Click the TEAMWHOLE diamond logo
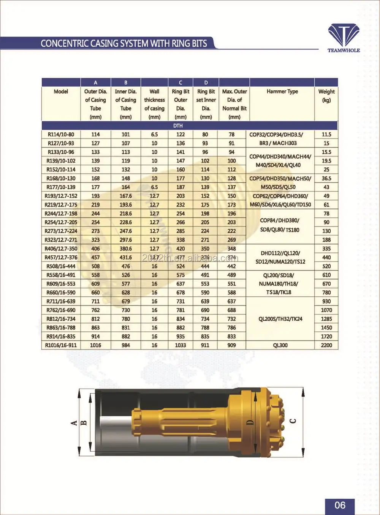[x=344, y=35]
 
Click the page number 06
[x=340, y=505]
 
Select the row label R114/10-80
[x=61, y=134]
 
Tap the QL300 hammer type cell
[x=280, y=345]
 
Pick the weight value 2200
[x=326, y=345]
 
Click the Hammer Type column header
[x=282, y=91]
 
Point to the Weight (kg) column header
[x=326, y=96]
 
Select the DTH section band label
[x=178, y=126]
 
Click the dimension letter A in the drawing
[x=74, y=422]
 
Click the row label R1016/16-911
[x=61, y=345]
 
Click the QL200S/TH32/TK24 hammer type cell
[x=280, y=319]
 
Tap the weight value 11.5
[x=326, y=134]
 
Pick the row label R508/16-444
[x=61, y=266]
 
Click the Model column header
[x=61, y=91]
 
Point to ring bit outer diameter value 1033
[x=180, y=345]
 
